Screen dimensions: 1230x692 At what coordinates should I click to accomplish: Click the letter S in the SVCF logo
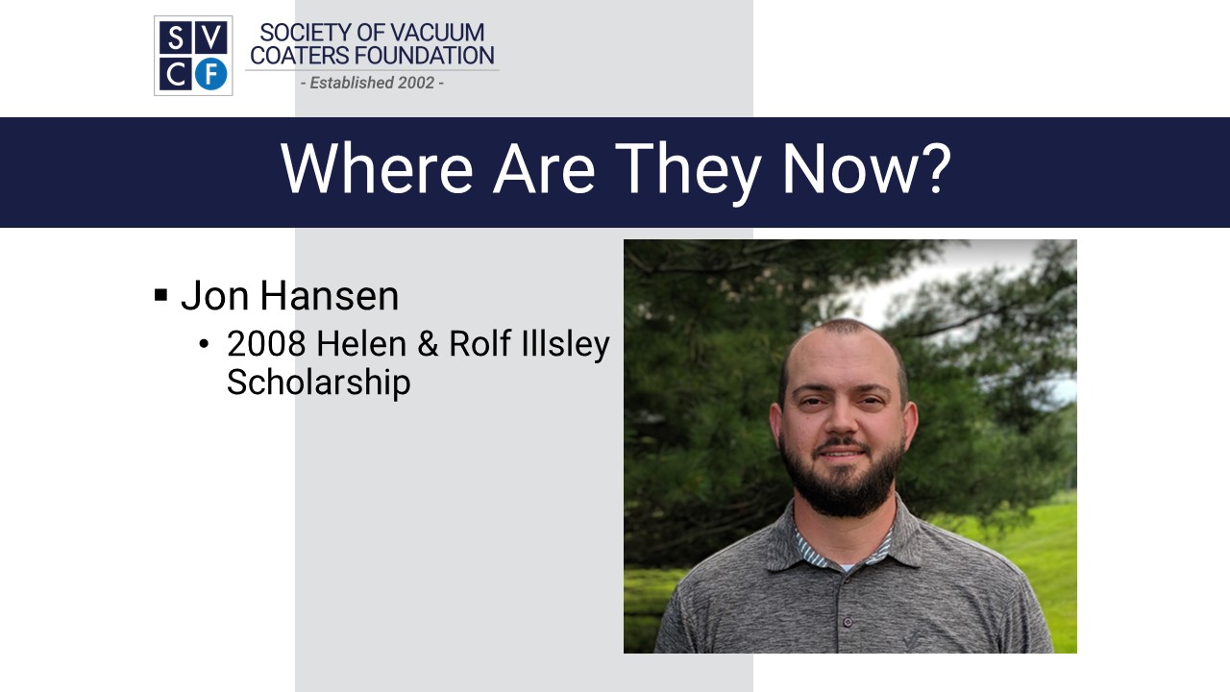click(x=176, y=37)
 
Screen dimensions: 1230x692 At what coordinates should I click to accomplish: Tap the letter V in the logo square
click(x=211, y=37)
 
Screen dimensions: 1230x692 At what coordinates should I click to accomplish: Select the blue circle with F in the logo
click(x=211, y=74)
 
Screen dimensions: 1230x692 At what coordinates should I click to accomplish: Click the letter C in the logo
click(x=176, y=75)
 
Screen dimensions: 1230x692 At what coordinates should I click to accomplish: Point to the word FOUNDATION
click(x=425, y=56)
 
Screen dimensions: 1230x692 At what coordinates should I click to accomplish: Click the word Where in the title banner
click(x=377, y=168)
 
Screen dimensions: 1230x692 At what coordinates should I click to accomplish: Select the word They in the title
click(x=688, y=171)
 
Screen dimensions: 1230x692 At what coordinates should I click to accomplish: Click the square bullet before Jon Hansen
click(x=160, y=295)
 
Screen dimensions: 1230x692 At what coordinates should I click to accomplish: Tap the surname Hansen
click(x=329, y=295)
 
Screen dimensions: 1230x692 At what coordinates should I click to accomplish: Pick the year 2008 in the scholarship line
click(x=266, y=344)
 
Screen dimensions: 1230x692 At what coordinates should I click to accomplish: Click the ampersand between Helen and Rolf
click(x=428, y=344)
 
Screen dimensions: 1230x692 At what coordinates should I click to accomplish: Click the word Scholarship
click(x=318, y=383)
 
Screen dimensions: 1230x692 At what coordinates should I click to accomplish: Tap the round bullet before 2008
click(x=204, y=344)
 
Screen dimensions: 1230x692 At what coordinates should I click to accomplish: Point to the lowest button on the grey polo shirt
click(x=848, y=622)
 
